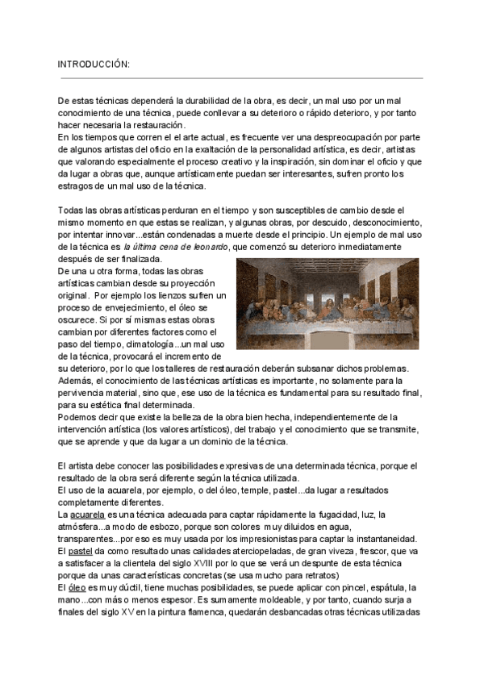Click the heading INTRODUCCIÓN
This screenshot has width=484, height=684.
click(94, 64)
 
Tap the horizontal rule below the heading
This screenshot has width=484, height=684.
click(242, 78)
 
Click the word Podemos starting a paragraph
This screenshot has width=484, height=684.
click(81, 417)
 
